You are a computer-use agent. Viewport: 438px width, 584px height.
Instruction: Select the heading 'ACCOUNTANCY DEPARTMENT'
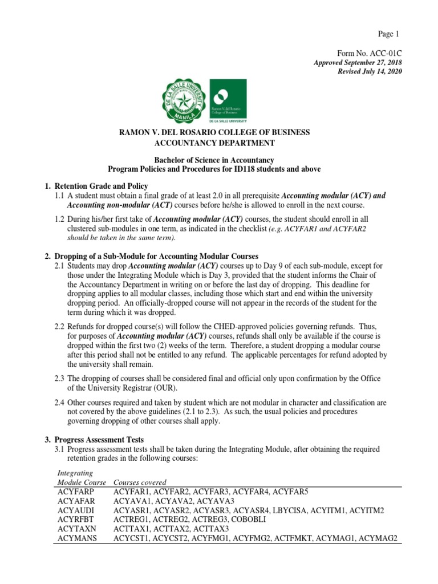pyautogui.click(x=214, y=143)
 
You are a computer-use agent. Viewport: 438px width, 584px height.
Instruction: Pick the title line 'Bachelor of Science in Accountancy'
pyautogui.click(x=214, y=160)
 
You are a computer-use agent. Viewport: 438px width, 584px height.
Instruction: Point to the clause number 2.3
pyautogui.click(x=59, y=379)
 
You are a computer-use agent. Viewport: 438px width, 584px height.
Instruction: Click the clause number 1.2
pyautogui.click(x=59, y=219)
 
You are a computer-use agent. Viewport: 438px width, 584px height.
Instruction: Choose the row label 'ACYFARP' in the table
pyautogui.click(x=76, y=492)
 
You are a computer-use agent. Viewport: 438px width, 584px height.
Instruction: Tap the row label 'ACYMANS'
pyautogui.click(x=77, y=538)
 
